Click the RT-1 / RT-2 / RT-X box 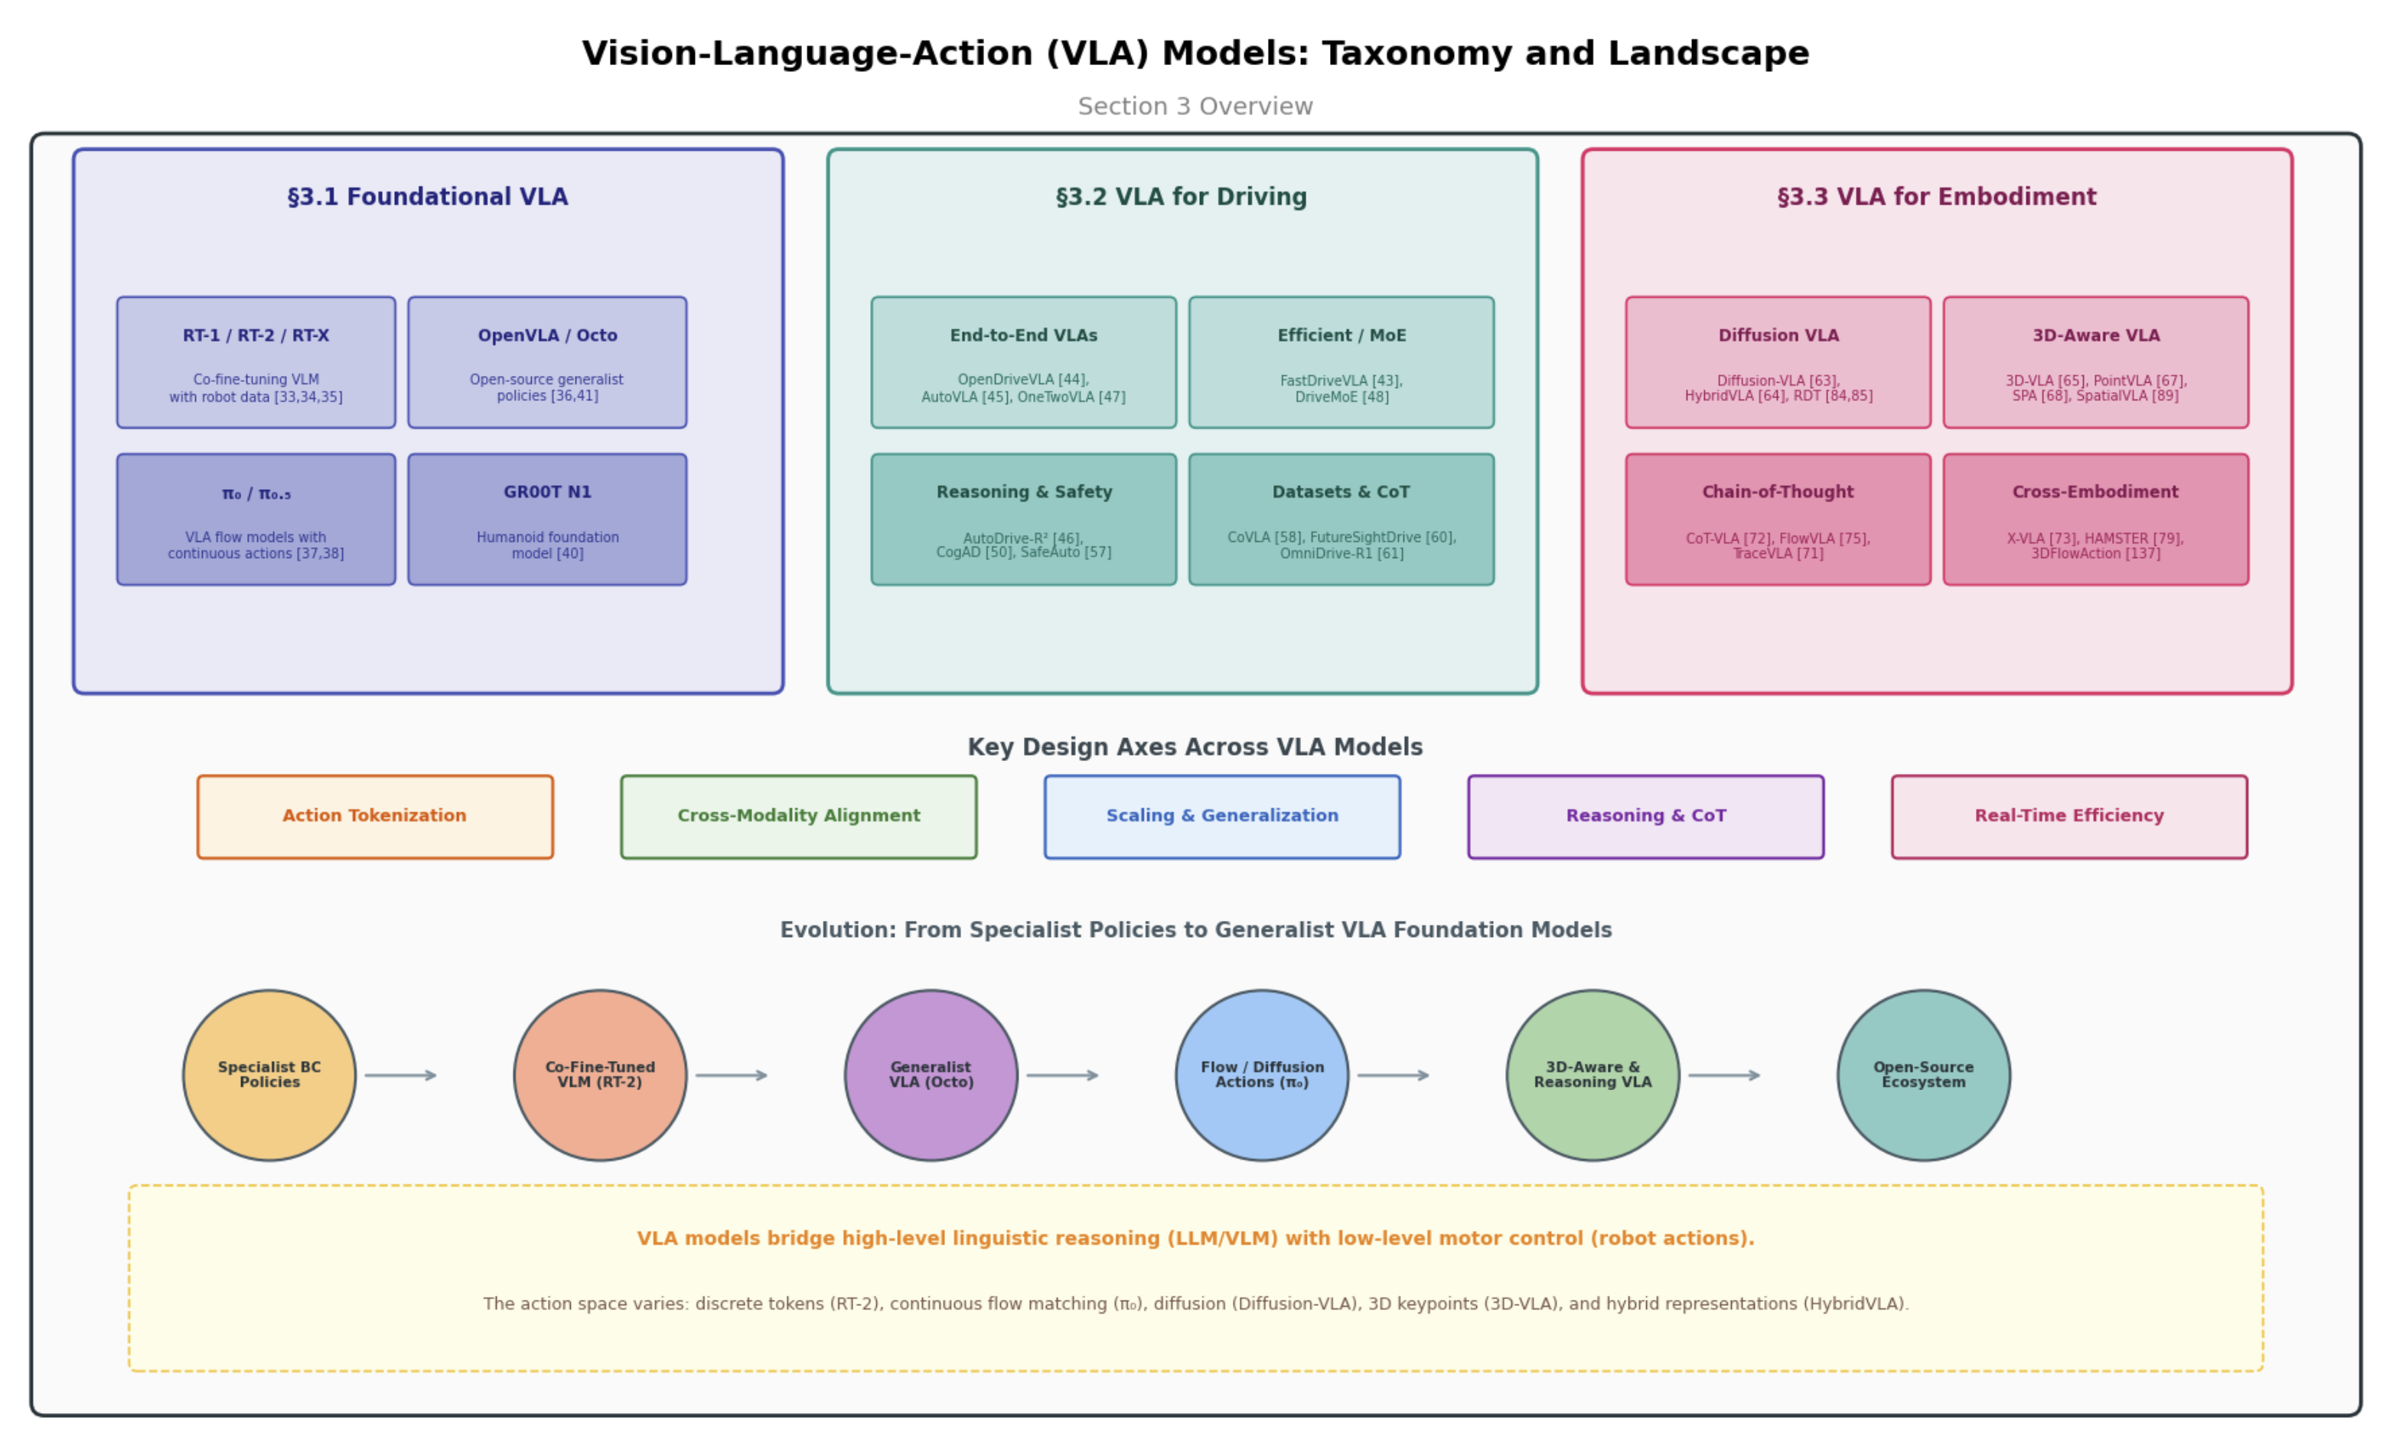[x=256, y=362]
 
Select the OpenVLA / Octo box [x=547, y=362]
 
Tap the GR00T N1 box [x=547, y=520]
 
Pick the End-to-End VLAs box [x=1023, y=362]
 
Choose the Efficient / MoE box [x=1341, y=362]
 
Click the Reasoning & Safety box [x=1023, y=520]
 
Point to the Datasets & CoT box [x=1341, y=520]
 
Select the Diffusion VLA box [x=1778, y=362]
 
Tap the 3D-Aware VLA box [x=2095, y=362]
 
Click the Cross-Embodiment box [x=2095, y=520]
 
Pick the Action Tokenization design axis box [x=376, y=817]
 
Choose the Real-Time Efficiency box [x=2069, y=817]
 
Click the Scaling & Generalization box [x=1222, y=817]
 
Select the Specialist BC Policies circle [x=269, y=1075]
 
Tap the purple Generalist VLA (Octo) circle [x=931, y=1075]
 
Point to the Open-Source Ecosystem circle [x=1924, y=1075]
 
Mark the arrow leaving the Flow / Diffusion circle [x=1393, y=1075]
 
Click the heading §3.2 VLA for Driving [x=1182, y=197]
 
